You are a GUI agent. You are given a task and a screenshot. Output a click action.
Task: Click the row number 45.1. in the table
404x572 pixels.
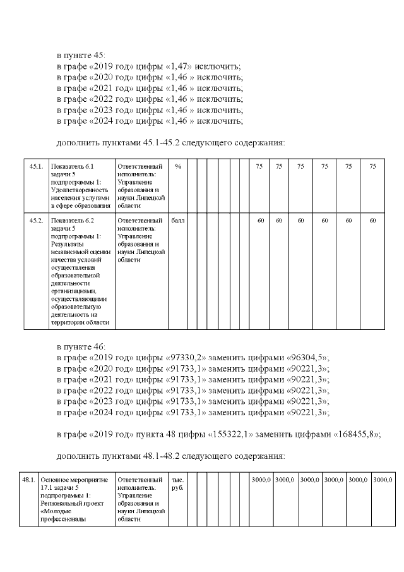tap(36, 166)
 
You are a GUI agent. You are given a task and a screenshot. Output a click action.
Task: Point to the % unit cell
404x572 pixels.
tap(178, 166)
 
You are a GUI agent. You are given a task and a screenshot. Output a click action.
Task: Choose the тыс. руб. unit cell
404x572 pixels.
tap(178, 484)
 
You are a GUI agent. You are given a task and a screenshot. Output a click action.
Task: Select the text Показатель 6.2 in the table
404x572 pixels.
tap(71, 221)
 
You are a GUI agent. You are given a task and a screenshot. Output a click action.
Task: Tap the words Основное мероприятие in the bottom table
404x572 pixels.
tap(74, 480)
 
